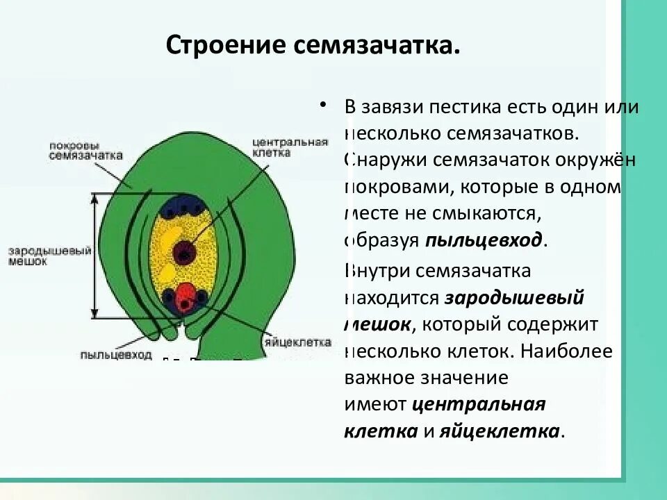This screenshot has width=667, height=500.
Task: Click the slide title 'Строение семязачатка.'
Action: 313,46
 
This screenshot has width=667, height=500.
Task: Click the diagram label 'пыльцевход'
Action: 116,354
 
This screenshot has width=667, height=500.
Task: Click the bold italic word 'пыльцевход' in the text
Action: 484,240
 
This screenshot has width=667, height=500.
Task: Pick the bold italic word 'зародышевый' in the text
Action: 513,298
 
